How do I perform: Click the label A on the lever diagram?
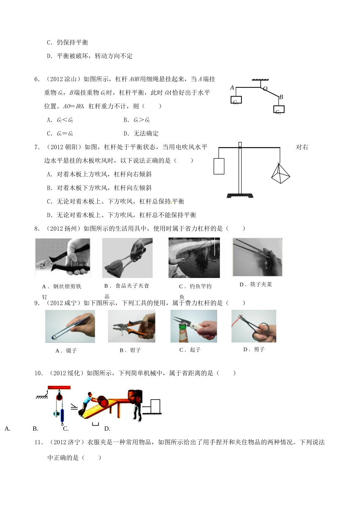click(x=232, y=88)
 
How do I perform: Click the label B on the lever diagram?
click(x=281, y=97)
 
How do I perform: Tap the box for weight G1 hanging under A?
click(x=236, y=100)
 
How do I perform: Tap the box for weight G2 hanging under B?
click(x=279, y=109)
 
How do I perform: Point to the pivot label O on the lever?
click(x=265, y=89)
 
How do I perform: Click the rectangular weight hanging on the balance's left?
click(x=219, y=166)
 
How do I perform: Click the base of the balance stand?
click(x=240, y=195)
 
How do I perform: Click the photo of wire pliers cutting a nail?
click(x=63, y=258)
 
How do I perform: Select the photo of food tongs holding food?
click(x=127, y=258)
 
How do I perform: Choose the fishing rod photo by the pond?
click(x=194, y=258)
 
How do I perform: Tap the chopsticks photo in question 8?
click(x=257, y=257)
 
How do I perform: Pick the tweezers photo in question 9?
click(x=70, y=326)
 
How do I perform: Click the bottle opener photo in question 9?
click(x=194, y=326)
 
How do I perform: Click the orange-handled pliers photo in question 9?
click(x=131, y=326)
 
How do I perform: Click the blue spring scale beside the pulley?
click(x=63, y=411)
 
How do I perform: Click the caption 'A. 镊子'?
click(x=66, y=351)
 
